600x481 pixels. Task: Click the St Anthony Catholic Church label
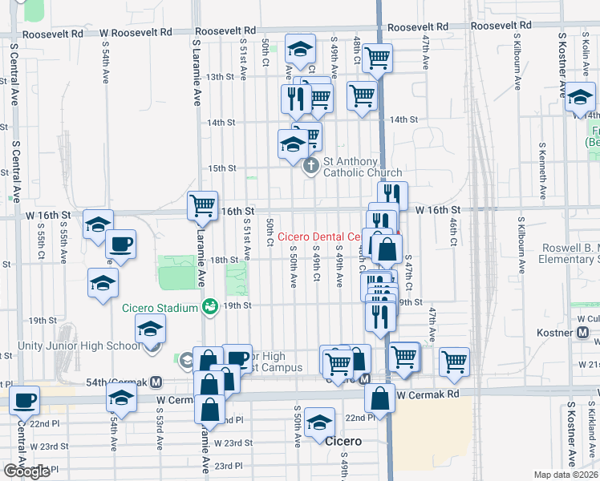(x=362, y=167)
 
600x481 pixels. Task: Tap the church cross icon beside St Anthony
(x=311, y=168)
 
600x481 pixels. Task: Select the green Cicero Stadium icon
(x=210, y=306)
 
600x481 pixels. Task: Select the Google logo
(x=26, y=471)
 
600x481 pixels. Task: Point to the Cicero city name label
(x=343, y=441)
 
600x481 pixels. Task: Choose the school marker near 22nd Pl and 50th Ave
(x=319, y=422)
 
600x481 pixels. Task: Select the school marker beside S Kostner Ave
(x=580, y=99)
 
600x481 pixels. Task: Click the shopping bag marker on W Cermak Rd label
(x=380, y=397)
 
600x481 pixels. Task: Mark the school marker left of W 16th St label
(x=98, y=225)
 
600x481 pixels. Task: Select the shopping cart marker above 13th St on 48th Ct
(x=377, y=57)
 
